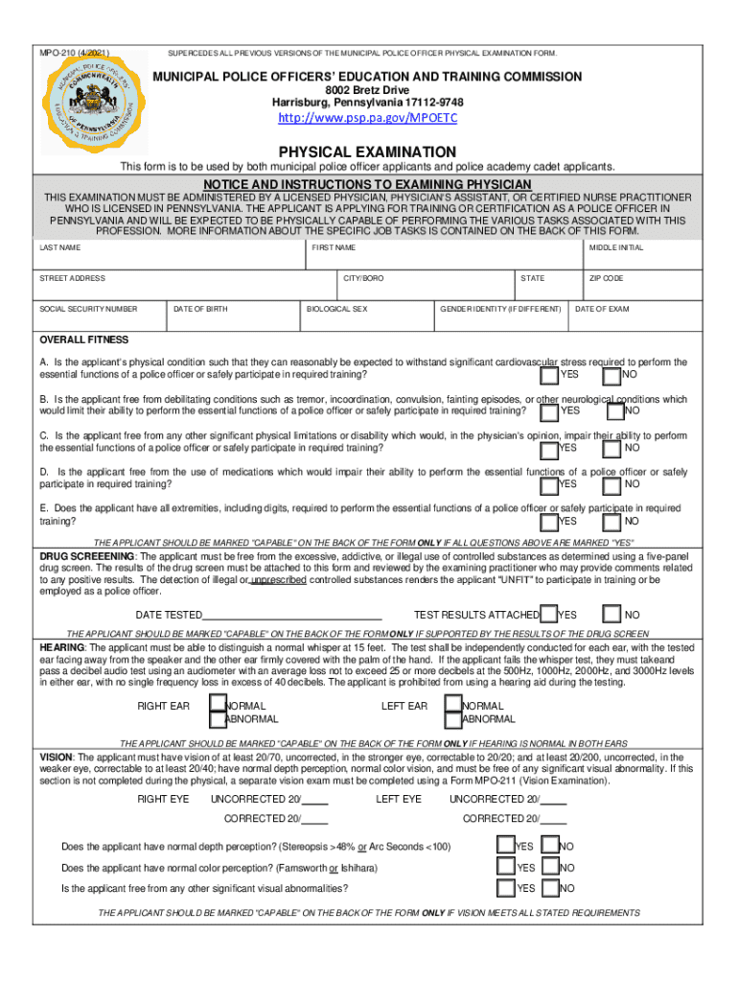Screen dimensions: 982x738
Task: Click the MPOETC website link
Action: (x=368, y=118)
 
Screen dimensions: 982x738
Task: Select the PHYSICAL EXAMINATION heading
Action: (x=367, y=152)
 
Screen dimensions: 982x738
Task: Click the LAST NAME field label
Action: (x=59, y=247)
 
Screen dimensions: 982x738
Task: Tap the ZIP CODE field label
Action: (x=606, y=278)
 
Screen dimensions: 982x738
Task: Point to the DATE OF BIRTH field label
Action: (x=200, y=309)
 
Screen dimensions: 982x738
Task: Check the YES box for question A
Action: (x=548, y=374)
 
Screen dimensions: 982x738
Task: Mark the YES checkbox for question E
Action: (x=548, y=521)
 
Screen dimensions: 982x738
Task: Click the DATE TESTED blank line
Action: (x=292, y=615)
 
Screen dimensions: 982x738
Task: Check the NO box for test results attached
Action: (x=612, y=614)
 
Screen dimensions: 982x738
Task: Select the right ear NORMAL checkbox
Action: (x=218, y=706)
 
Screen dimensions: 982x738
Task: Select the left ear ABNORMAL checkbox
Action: (x=454, y=718)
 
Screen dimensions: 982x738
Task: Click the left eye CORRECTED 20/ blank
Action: (x=554, y=819)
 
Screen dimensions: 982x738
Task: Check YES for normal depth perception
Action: (x=505, y=845)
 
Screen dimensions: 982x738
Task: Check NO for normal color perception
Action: (x=550, y=867)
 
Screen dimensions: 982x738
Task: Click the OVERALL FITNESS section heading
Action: (x=83, y=339)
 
